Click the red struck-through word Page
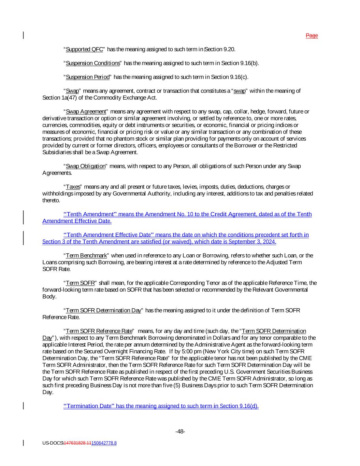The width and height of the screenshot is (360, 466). pos(312,36)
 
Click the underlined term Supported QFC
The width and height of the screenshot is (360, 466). pos(84,50)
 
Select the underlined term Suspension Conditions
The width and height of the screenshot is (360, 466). pos(93,63)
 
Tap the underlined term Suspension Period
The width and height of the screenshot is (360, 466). pos(88,77)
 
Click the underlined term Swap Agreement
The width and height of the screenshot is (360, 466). pos(86,112)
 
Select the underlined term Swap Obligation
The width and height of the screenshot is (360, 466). pos(86,166)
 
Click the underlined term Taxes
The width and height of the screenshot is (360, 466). pos(73,187)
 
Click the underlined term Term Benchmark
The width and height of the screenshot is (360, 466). pos(86,256)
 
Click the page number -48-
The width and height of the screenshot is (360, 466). pos(180,432)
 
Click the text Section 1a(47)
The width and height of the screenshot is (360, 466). pos(55,98)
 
